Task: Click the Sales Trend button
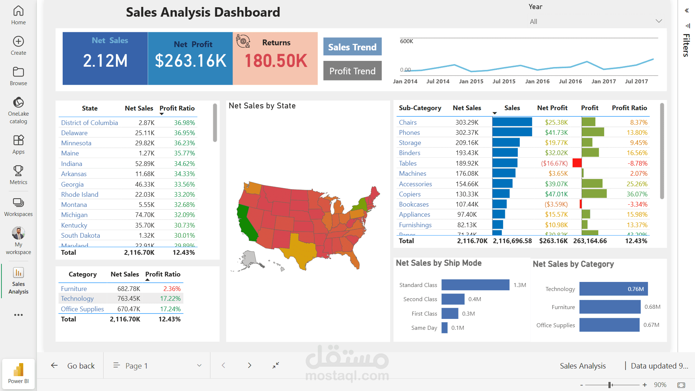[x=352, y=47]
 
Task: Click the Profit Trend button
[x=352, y=71]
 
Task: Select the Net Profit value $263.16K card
[x=191, y=60]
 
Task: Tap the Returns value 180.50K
[x=276, y=61]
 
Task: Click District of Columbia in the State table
[x=89, y=122]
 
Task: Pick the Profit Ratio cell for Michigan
[x=184, y=215]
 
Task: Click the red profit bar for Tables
[x=577, y=163]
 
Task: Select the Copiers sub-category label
[x=410, y=194]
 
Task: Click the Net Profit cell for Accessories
[x=556, y=184]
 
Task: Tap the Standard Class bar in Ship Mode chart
[x=475, y=285]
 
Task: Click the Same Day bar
[x=444, y=328]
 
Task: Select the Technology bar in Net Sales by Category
[x=613, y=289]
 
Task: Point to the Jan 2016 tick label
[x=537, y=82]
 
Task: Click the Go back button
[x=73, y=366]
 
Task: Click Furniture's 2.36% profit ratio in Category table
[x=172, y=289]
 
